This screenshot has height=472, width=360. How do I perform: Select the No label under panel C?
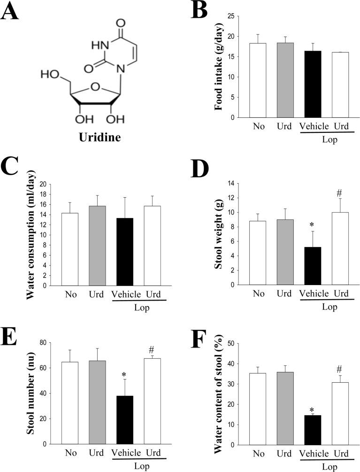(x=70, y=294)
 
